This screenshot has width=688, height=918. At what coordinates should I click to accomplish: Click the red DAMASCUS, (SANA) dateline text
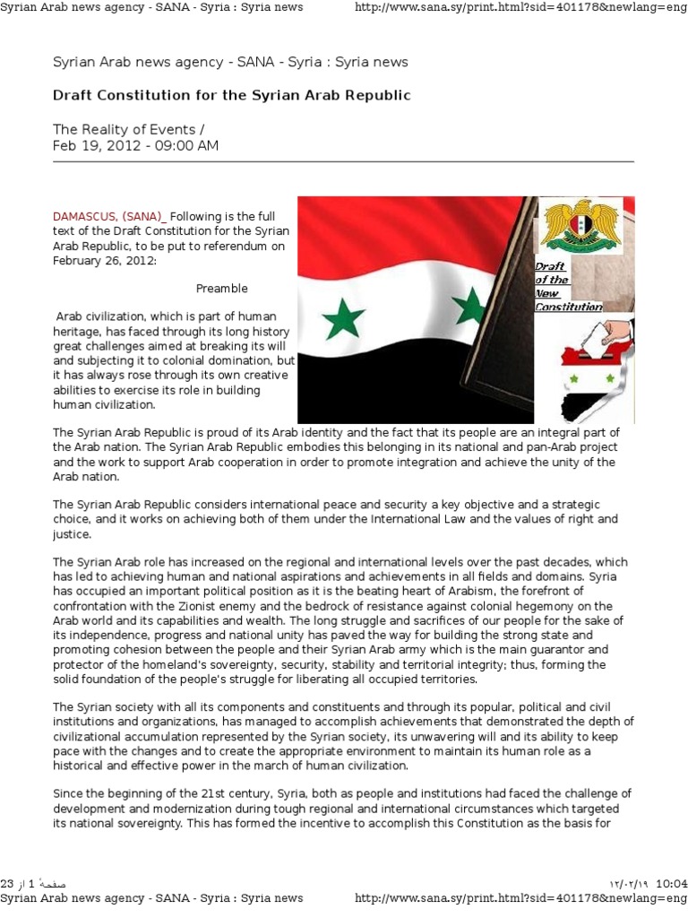pos(108,216)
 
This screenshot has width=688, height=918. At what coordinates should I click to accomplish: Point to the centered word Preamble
pos(222,289)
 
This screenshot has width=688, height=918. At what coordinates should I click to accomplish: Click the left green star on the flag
pos(343,319)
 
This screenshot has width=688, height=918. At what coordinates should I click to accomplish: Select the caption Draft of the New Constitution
pos(567,287)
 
